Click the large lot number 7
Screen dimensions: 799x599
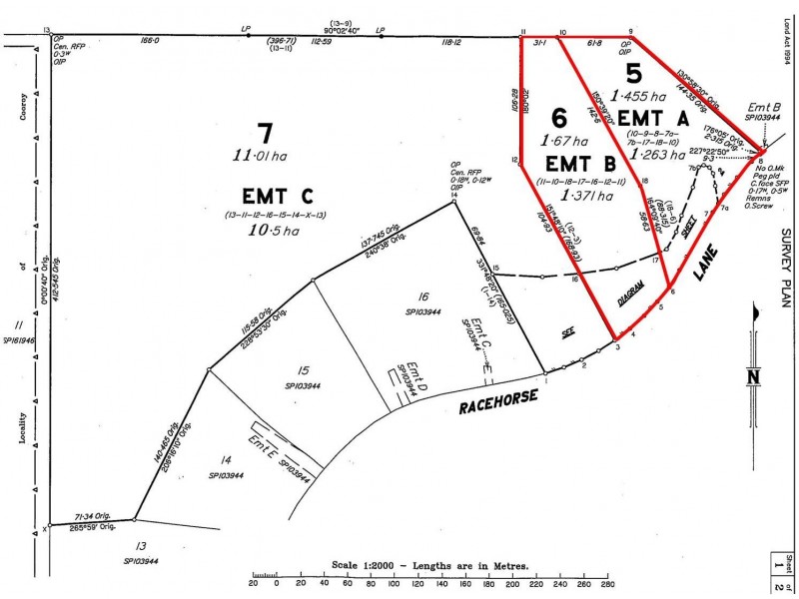tap(265, 134)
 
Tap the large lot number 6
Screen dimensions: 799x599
tap(558, 117)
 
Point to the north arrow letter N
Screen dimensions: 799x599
tap(754, 376)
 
